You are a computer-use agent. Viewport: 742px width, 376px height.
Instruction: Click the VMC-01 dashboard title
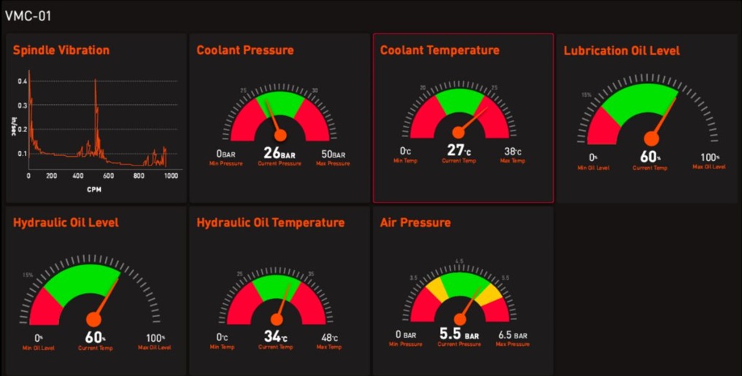pyautogui.click(x=28, y=16)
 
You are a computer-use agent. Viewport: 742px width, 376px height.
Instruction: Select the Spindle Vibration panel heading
pyautogui.click(x=61, y=50)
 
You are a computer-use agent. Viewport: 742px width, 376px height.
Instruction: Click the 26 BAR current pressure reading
pyautogui.click(x=279, y=154)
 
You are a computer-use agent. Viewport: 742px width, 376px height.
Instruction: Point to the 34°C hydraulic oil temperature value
pyautogui.click(x=276, y=337)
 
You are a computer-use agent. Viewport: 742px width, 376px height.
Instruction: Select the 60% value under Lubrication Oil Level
pyautogui.click(x=649, y=157)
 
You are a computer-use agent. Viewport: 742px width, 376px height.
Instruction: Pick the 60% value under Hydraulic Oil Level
pyautogui.click(x=96, y=337)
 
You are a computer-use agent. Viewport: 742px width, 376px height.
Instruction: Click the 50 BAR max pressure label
pyautogui.click(x=333, y=154)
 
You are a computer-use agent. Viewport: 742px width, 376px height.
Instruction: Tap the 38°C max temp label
pyautogui.click(x=513, y=152)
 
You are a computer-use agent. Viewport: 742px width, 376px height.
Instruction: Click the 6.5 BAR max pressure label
pyautogui.click(x=513, y=335)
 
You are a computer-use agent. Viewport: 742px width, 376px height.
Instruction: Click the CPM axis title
pyautogui.click(x=94, y=189)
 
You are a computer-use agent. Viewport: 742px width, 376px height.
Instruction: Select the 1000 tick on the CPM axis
pyautogui.click(x=170, y=176)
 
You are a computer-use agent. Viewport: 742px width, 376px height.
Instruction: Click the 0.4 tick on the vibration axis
pyautogui.click(x=22, y=81)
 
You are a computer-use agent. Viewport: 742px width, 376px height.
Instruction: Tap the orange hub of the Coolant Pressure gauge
pyautogui.click(x=279, y=136)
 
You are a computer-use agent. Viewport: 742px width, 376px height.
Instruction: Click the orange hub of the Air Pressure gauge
pyautogui.click(x=460, y=319)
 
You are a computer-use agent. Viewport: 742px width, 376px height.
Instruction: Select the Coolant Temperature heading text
pyautogui.click(x=440, y=50)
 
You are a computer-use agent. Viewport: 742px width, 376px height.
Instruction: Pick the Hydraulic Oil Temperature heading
pyautogui.click(x=271, y=222)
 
